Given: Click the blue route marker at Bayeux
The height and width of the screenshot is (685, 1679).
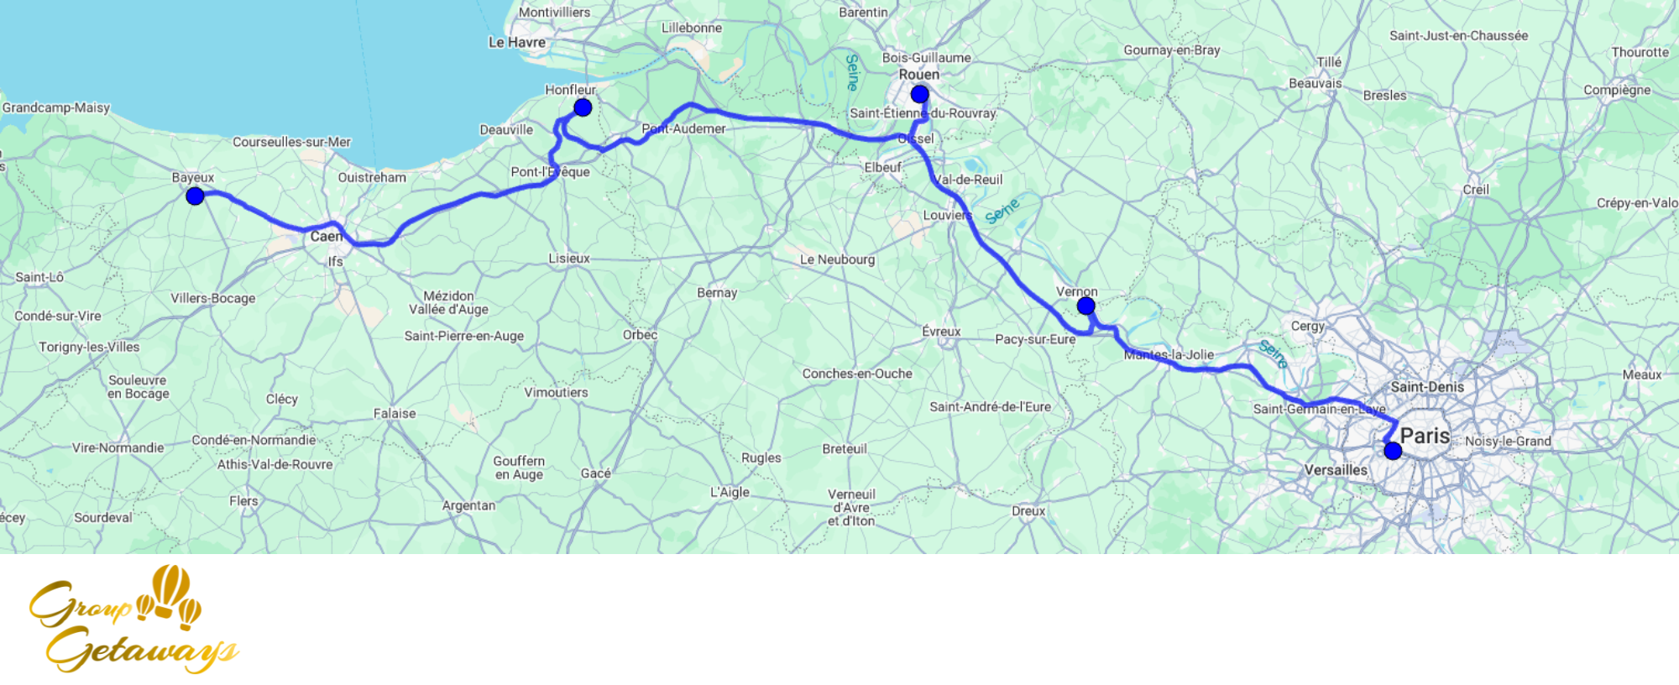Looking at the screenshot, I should [x=195, y=196].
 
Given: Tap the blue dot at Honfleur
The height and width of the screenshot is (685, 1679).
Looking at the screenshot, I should [x=583, y=107].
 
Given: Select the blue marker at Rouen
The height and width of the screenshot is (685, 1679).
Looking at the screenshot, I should [x=919, y=94].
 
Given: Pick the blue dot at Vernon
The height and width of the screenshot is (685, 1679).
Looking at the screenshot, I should [x=1085, y=306].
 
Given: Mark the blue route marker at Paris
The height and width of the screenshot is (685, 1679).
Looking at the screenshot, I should [x=1393, y=451].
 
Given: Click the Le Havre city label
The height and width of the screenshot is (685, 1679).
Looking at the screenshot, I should [x=517, y=42].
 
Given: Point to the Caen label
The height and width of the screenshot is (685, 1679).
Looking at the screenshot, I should [x=326, y=237].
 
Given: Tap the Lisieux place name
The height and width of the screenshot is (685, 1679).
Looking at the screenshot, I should [x=569, y=259].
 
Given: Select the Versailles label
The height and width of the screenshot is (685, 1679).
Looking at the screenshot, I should [x=1336, y=470].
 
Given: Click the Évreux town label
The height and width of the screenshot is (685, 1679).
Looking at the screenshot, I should [x=941, y=332].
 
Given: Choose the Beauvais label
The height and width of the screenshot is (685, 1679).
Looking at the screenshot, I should [x=1315, y=83].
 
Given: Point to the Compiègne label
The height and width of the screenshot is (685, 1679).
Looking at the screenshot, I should [x=1617, y=91].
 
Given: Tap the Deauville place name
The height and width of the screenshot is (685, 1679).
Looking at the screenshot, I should [x=506, y=130].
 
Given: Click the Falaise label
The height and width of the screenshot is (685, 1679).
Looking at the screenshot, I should [x=395, y=414].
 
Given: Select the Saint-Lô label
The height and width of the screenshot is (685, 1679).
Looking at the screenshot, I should [x=39, y=277].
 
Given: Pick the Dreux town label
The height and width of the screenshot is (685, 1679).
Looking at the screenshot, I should [x=1028, y=511].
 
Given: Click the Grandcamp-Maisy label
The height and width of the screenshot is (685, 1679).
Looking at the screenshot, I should [x=56, y=107].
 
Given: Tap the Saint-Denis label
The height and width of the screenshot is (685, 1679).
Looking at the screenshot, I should [x=1427, y=387].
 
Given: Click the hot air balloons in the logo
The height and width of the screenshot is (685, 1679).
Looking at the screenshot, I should [x=170, y=594].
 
